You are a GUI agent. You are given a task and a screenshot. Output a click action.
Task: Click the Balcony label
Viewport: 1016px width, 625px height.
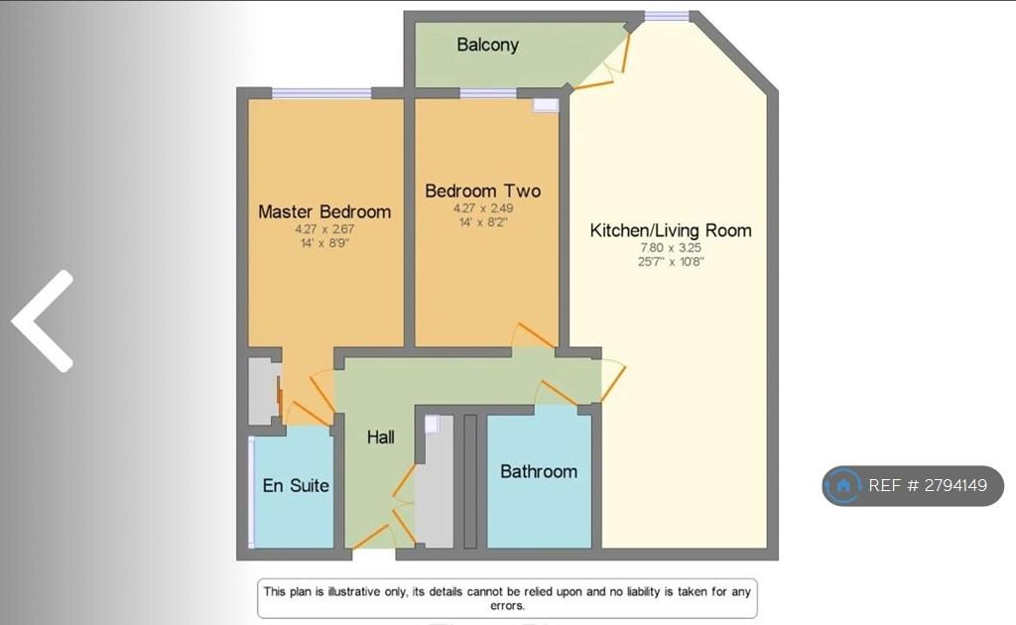(488, 45)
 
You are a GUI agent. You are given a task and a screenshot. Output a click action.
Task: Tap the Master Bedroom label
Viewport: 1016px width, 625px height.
(324, 211)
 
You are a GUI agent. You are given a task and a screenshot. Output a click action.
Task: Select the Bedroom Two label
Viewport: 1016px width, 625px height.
(483, 191)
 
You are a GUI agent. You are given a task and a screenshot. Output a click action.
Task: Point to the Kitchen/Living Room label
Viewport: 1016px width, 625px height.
(671, 230)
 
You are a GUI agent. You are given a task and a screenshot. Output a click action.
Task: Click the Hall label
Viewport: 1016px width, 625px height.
(380, 437)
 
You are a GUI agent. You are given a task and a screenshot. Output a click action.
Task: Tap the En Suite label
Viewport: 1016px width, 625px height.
(296, 486)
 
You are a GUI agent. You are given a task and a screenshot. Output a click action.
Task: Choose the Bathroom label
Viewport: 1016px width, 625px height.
(539, 471)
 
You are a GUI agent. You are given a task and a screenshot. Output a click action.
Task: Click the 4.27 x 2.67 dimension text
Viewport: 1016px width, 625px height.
(324, 229)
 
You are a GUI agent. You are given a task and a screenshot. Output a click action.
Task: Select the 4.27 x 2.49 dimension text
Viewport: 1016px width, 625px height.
(483, 208)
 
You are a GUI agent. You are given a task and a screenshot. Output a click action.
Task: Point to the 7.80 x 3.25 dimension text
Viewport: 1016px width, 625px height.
(671, 247)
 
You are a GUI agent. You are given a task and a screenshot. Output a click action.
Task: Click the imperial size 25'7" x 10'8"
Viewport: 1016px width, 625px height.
(671, 262)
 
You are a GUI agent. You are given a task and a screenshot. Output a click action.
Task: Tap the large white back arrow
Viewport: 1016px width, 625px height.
(43, 321)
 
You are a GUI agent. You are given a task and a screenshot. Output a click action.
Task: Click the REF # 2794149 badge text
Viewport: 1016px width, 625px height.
(928, 486)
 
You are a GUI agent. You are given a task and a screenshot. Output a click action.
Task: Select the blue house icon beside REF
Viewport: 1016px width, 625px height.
(843, 486)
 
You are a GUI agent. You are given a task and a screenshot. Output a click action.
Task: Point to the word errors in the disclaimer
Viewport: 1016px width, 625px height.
(507, 606)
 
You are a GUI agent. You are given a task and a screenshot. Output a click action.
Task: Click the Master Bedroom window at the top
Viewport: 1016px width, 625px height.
(321, 93)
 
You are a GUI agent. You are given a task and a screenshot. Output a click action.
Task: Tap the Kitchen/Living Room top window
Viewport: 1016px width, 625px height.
(666, 16)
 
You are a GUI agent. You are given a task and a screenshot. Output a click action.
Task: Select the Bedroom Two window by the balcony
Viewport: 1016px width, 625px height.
(488, 93)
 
